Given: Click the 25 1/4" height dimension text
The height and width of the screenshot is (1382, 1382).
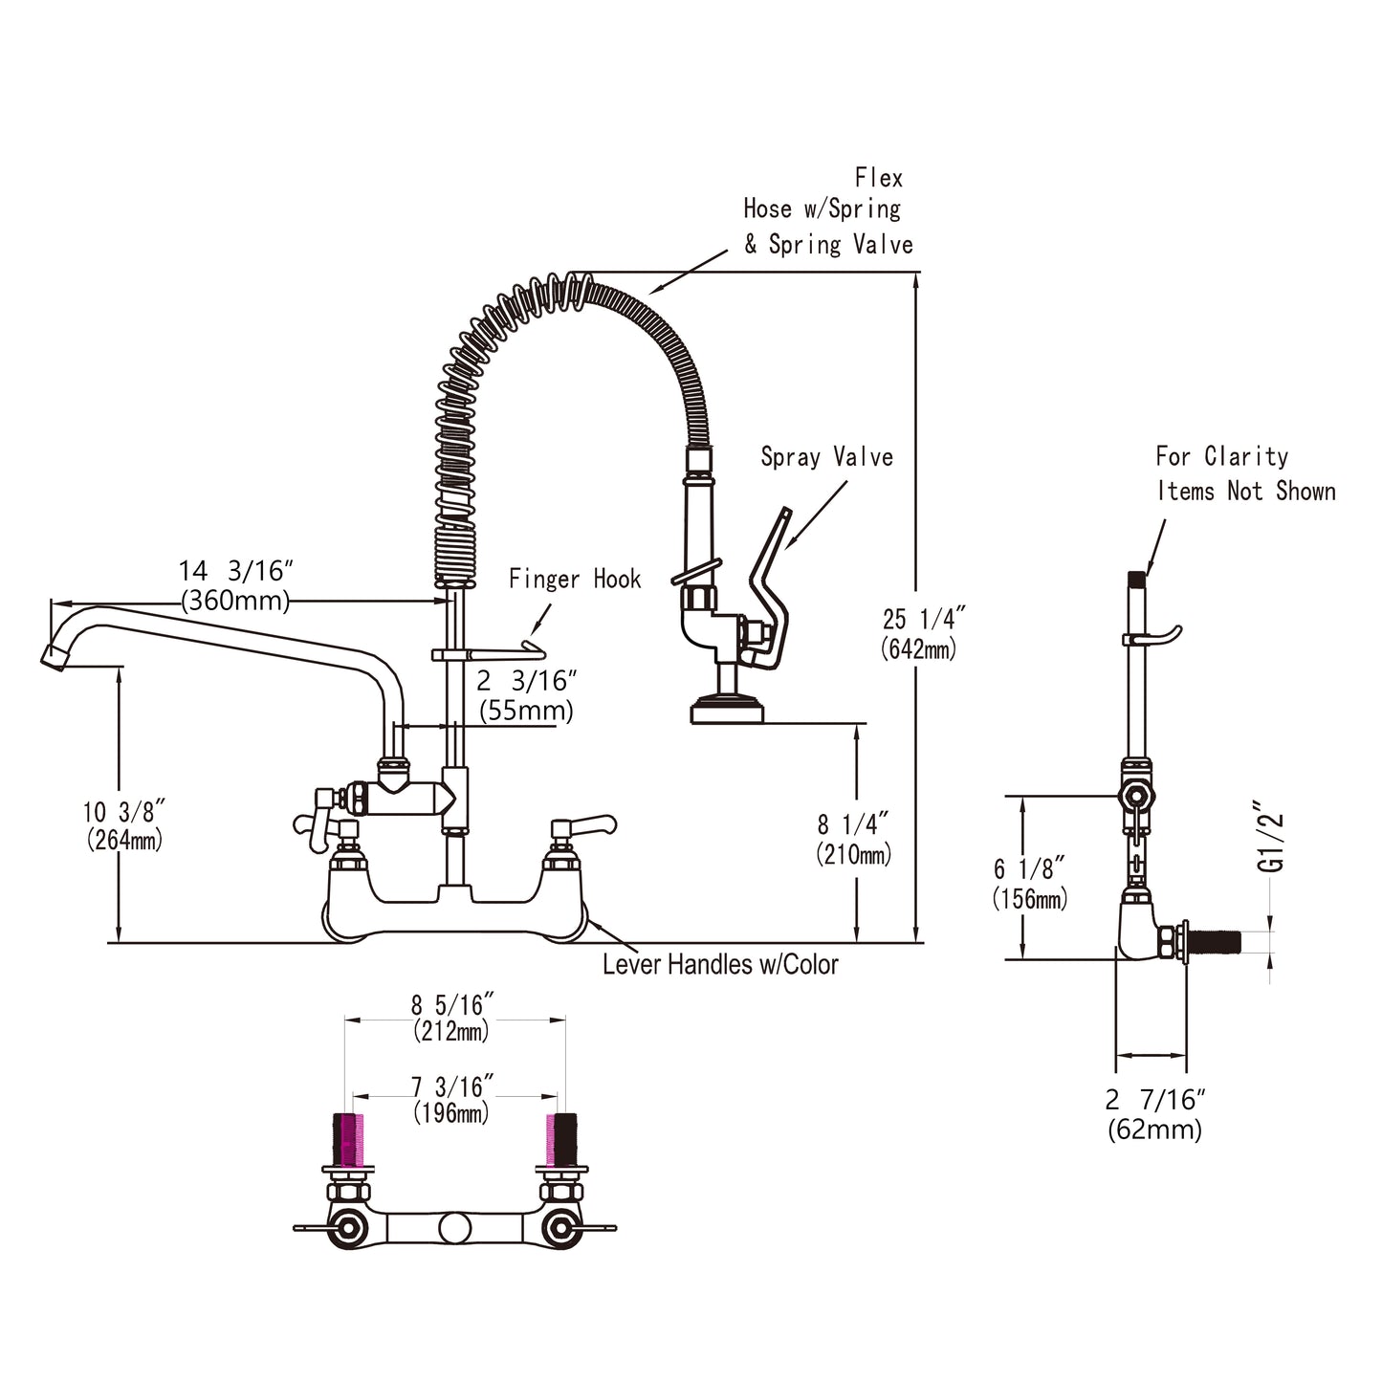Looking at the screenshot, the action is pyautogui.click(x=925, y=618).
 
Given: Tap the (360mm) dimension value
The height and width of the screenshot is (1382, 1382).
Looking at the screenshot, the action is pyautogui.click(x=235, y=601).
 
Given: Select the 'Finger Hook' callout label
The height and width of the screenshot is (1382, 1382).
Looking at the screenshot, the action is pyautogui.click(x=575, y=579).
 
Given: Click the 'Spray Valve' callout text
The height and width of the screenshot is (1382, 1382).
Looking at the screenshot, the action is pyautogui.click(x=827, y=457).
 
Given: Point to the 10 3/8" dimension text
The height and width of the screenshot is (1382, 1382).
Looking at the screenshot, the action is pyautogui.click(x=124, y=812).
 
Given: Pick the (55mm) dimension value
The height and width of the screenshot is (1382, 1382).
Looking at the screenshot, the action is pyautogui.click(x=526, y=711).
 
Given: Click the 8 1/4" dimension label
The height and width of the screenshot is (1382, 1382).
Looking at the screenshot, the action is pyautogui.click(x=853, y=824).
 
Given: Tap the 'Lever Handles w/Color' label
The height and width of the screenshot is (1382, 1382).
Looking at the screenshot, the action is pyautogui.click(x=720, y=965).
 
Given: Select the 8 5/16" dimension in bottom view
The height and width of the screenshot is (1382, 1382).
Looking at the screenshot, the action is pyautogui.click(x=452, y=1005).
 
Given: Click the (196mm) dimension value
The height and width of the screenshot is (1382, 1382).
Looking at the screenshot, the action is pyautogui.click(x=451, y=1112).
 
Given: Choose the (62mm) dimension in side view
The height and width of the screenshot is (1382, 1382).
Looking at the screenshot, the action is pyautogui.click(x=1154, y=1130).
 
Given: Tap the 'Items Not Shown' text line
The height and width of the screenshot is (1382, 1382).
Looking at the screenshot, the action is pyautogui.click(x=1246, y=492).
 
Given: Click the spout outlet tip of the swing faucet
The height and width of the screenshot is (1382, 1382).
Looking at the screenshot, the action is pyautogui.click(x=54, y=657).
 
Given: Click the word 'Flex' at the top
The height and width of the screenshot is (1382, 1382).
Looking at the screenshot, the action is pyautogui.click(x=879, y=178).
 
